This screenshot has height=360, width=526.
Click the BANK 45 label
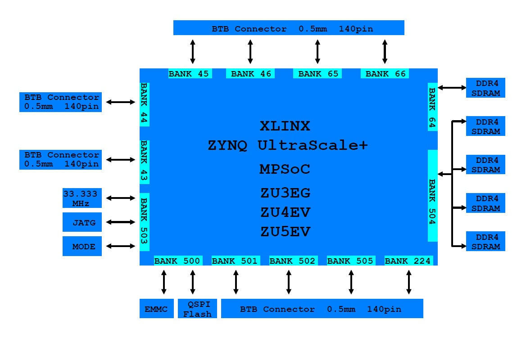point(189,74)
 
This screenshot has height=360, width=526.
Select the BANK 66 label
point(385,74)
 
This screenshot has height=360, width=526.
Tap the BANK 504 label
point(432,195)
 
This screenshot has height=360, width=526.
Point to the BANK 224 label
point(408,261)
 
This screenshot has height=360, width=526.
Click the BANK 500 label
point(177,261)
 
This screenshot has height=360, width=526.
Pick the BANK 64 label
point(432,107)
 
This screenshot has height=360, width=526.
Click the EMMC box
point(156,309)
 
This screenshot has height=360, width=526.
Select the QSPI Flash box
point(197,308)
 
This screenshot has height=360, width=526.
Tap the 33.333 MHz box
point(82,198)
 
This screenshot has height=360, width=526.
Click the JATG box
point(82,222)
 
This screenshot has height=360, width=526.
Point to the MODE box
point(82,246)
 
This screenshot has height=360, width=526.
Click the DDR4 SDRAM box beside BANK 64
point(485,88)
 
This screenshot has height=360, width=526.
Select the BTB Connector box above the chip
point(289,27)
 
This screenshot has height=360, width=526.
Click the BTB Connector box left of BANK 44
point(60,102)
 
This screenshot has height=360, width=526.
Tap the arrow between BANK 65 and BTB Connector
point(317,51)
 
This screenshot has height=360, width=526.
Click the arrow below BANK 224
point(409,283)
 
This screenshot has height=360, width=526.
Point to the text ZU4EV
point(286,211)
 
